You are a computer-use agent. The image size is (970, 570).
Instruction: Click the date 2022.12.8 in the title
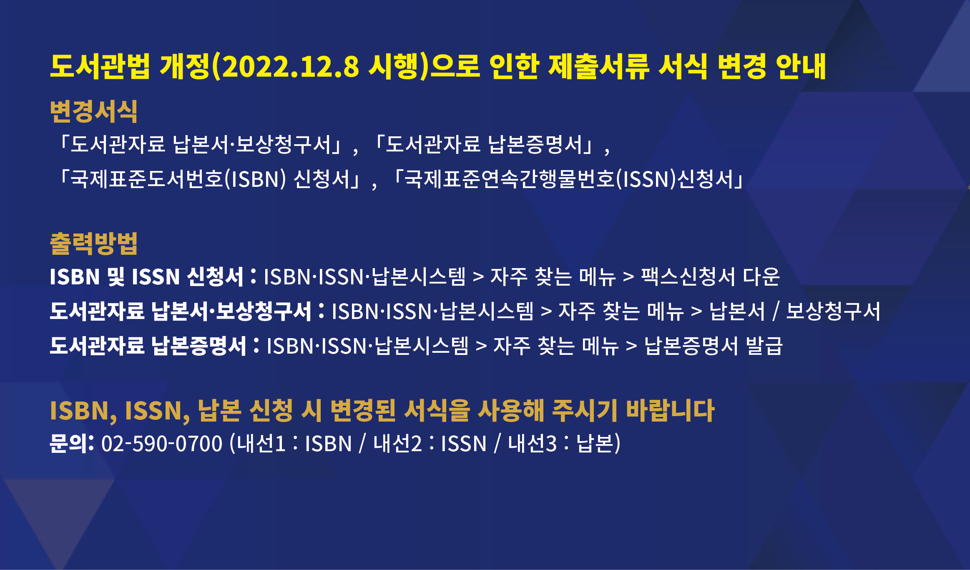coord(290,67)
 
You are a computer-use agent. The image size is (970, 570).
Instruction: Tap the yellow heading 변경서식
coord(93,111)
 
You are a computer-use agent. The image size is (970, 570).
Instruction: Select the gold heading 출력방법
coord(93,244)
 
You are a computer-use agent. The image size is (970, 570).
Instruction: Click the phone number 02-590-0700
coord(162,443)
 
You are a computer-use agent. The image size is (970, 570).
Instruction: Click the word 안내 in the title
coord(801,67)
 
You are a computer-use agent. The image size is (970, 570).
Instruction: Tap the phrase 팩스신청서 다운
coord(710,276)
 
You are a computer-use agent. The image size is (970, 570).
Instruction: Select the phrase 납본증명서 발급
coord(714,346)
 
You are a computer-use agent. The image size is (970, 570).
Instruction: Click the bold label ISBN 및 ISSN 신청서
coord(146,276)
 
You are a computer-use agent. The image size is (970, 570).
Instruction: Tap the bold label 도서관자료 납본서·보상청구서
coord(180,311)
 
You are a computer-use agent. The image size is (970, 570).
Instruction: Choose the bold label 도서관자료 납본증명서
coord(148,346)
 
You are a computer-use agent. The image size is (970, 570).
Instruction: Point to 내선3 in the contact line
coord(533,443)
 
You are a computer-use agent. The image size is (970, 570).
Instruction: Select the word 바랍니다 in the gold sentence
coord(671,410)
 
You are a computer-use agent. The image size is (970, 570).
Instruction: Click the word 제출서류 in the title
coord(599,67)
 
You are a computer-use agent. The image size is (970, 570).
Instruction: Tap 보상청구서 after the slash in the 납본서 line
coord(833,311)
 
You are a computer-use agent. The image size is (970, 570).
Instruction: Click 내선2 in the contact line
coord(397,443)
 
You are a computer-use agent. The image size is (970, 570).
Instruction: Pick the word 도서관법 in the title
coord(100,67)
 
